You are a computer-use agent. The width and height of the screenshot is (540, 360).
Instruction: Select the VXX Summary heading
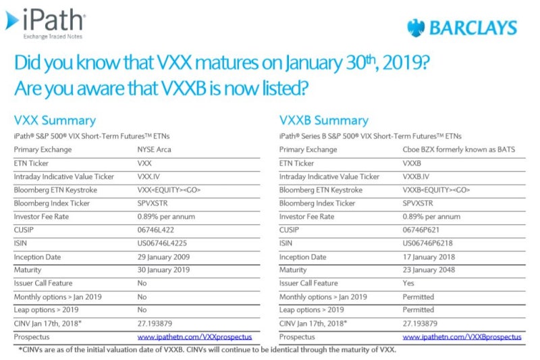coord(55,121)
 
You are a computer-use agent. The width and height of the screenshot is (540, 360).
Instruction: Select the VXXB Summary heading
coord(324,121)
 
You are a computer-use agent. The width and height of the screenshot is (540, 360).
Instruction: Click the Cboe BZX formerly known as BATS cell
coord(459,149)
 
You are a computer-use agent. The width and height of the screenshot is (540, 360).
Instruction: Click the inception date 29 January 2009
coord(164,257)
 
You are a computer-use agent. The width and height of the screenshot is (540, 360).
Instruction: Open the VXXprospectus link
coord(194,336)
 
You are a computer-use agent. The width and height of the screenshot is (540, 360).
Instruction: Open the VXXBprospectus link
coord(462,336)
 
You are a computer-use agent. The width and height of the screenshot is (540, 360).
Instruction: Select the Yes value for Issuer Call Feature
coord(408,283)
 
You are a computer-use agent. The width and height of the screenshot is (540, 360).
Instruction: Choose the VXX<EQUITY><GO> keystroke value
coord(169,190)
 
